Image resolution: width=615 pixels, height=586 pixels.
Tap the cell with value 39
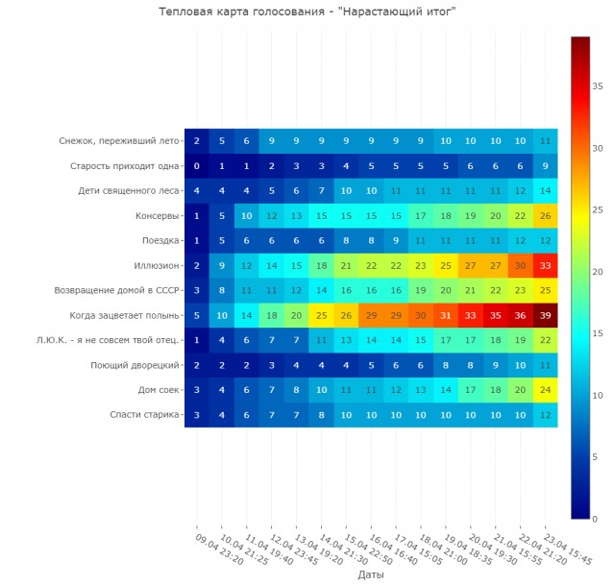coord(546,315)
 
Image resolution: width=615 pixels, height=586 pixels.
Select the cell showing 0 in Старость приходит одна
coord(197,165)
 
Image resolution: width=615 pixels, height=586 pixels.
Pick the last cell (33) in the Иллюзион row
coord(546,265)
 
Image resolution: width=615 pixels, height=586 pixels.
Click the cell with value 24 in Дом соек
coord(546,390)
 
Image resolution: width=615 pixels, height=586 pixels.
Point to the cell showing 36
coord(521,315)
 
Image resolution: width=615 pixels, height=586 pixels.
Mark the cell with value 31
coord(446,315)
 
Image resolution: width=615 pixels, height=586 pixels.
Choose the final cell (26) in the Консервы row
coord(546,215)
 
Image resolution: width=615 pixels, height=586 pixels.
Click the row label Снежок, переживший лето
coord(119,140)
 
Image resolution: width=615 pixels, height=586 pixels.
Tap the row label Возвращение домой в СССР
coord(120,290)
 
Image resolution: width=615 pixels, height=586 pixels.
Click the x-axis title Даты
coord(371,575)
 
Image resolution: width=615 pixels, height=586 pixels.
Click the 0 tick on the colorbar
coord(595,519)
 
